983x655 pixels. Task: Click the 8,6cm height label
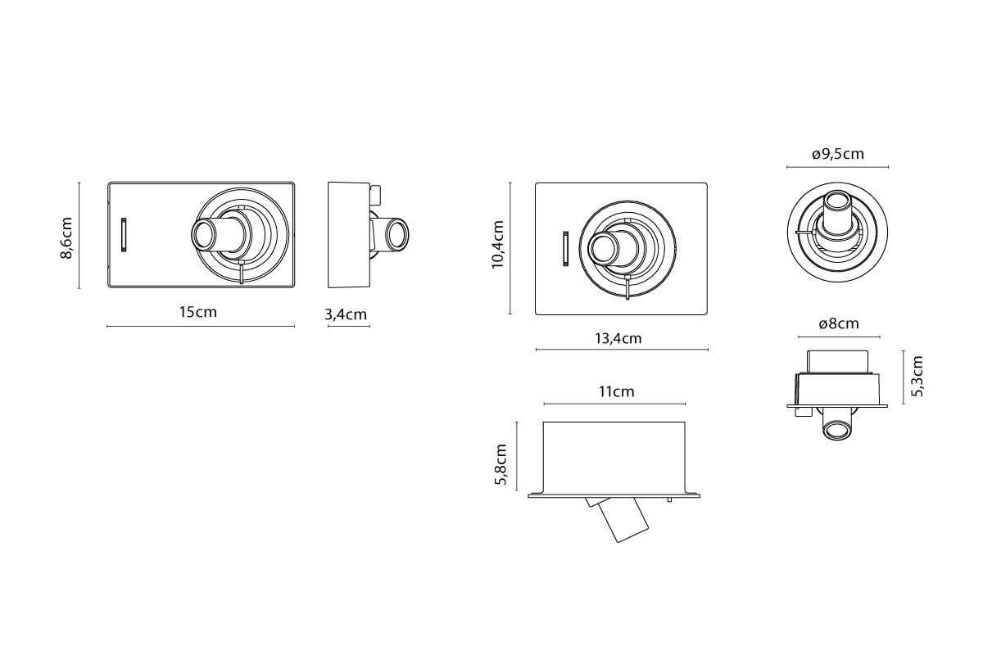point(66,237)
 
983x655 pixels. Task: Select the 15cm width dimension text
point(198,313)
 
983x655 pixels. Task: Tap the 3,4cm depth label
point(346,314)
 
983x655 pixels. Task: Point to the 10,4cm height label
point(498,244)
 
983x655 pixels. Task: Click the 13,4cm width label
point(618,339)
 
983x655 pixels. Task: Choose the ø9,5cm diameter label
point(838,154)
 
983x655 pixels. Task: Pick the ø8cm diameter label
point(839,323)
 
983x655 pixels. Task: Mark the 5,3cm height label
point(917,377)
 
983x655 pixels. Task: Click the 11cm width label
point(617,391)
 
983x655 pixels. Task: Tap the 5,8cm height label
point(501,464)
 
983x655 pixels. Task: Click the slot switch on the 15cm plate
point(124,235)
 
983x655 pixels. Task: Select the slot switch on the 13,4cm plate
point(566,248)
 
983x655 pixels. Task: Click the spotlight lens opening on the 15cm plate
point(204,235)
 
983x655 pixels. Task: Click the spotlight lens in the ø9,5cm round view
point(837,203)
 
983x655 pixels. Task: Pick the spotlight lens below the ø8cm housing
point(837,430)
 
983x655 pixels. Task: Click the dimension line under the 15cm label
point(201,327)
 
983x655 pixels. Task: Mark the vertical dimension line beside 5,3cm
point(904,377)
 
